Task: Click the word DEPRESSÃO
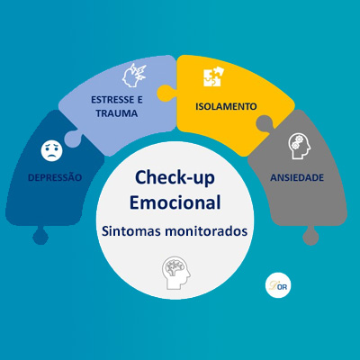pyautogui.click(x=55, y=177)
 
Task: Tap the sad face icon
pyautogui.click(x=52, y=151)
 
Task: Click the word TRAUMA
pyautogui.click(x=117, y=113)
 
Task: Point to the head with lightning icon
pyautogui.click(x=134, y=76)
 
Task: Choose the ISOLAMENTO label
pyautogui.click(x=226, y=106)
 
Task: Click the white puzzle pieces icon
pyautogui.click(x=213, y=76)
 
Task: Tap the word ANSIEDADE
pyautogui.click(x=297, y=177)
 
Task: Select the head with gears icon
pyautogui.click(x=300, y=146)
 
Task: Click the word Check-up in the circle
pyautogui.click(x=175, y=177)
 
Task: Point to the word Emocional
pyautogui.click(x=175, y=202)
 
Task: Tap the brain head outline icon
pyautogui.click(x=175, y=273)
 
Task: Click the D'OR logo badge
pyautogui.click(x=278, y=285)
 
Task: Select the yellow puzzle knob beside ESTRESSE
pyautogui.click(x=166, y=94)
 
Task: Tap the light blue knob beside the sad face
pyautogui.click(x=72, y=139)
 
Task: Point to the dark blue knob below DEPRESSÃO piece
pyautogui.click(x=40, y=236)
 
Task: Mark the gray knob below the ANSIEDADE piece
pyautogui.click(x=310, y=236)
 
